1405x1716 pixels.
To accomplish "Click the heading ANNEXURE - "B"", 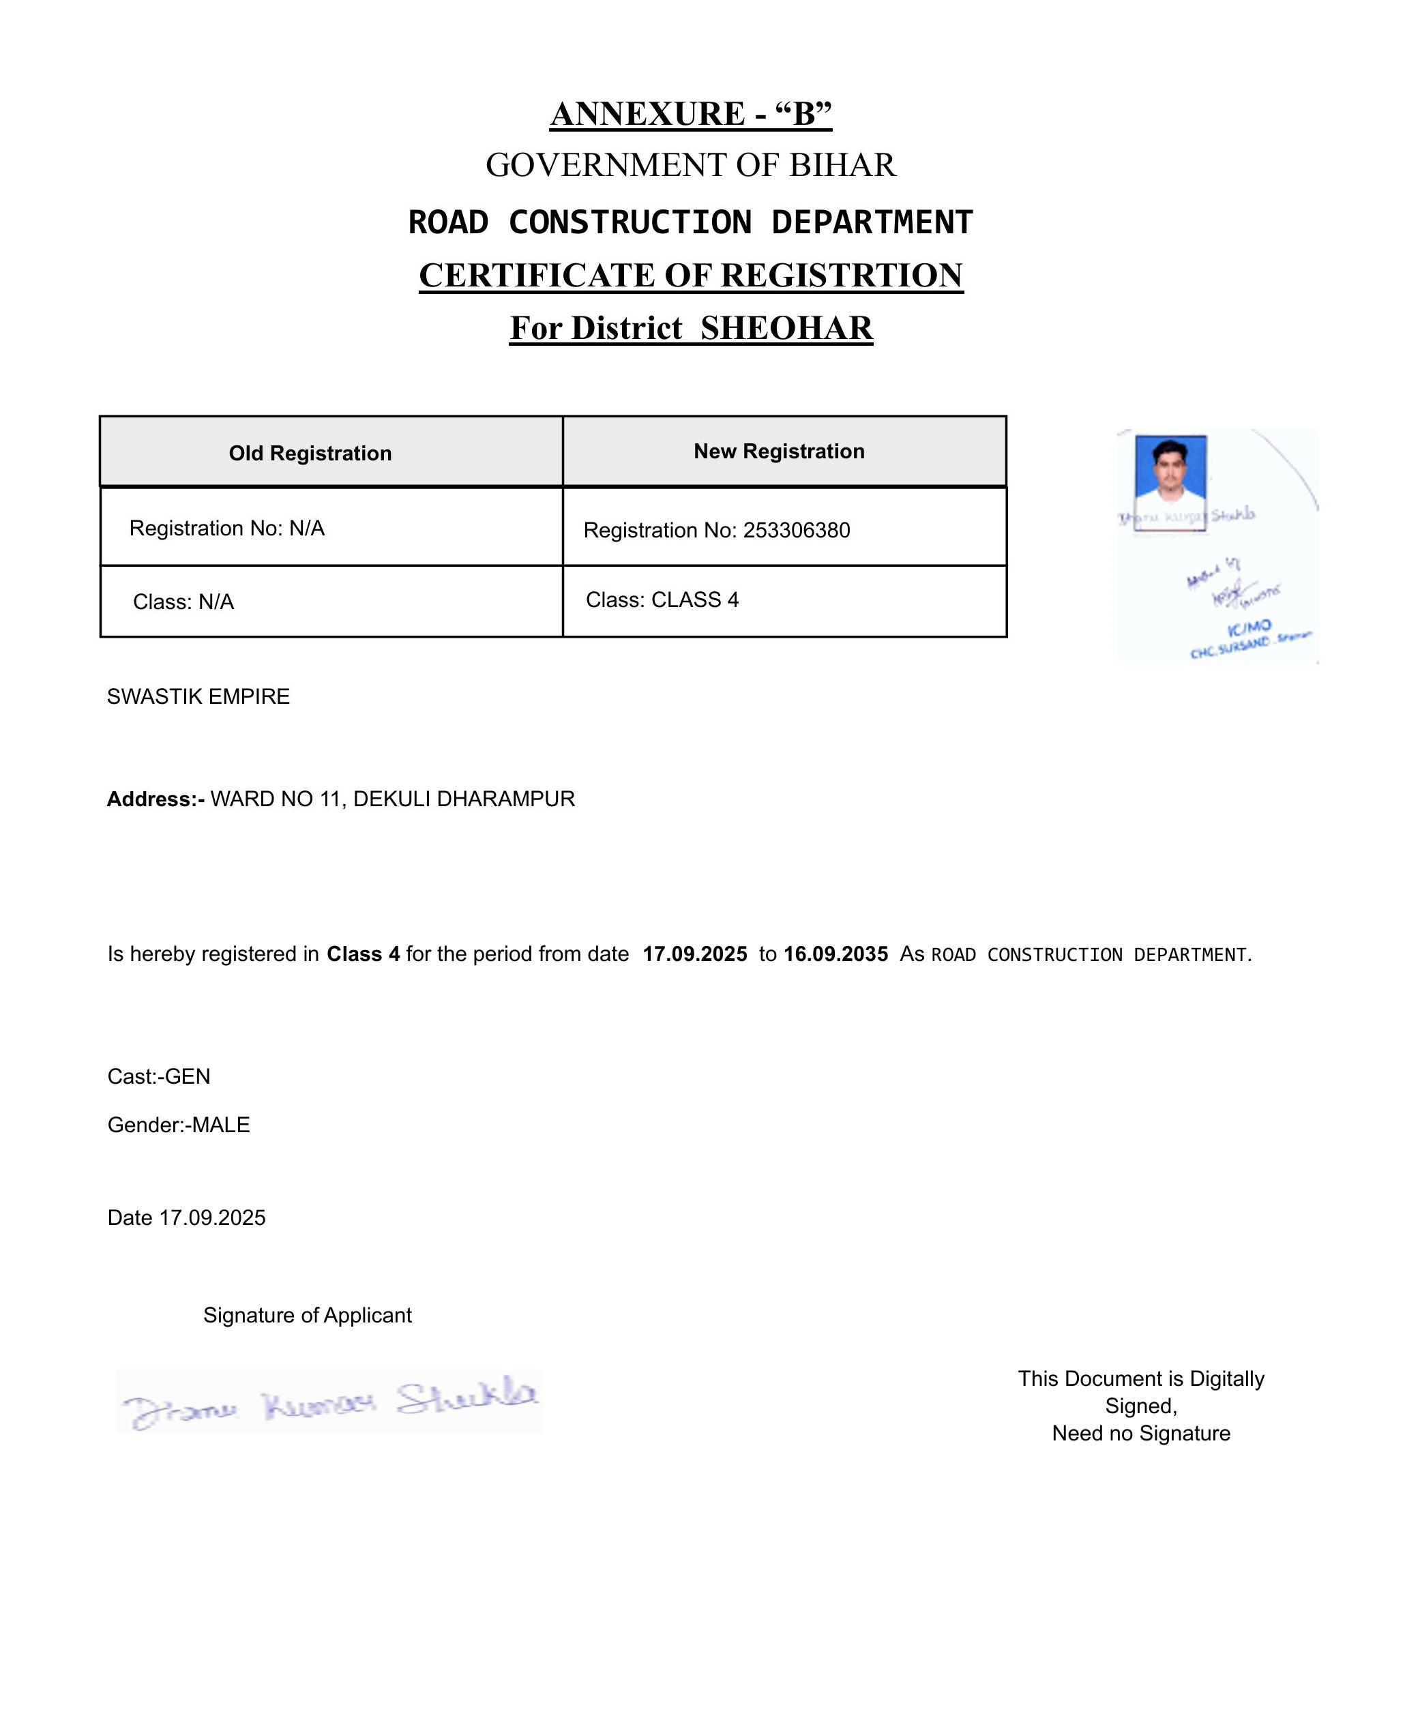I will click(690, 114).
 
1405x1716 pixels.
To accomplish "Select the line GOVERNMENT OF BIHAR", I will click(690, 165).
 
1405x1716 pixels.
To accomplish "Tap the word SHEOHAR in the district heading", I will click(786, 328).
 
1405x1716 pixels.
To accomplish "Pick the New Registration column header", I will click(779, 452).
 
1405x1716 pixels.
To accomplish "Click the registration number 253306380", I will click(797, 530).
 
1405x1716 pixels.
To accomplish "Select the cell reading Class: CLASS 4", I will click(662, 600).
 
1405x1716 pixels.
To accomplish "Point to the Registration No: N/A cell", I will click(226, 529).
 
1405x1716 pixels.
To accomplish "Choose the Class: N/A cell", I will click(183, 602).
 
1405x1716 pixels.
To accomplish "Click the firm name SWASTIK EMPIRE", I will click(198, 697).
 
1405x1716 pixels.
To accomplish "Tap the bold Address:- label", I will click(156, 800).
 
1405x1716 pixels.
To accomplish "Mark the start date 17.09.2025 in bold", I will click(694, 954).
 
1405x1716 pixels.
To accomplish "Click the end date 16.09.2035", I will click(835, 954).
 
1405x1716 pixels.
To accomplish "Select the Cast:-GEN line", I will click(159, 1076).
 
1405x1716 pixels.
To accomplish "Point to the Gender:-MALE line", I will click(179, 1125).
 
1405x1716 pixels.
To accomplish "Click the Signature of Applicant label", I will click(308, 1316).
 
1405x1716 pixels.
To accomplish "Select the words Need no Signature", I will click(1140, 1434).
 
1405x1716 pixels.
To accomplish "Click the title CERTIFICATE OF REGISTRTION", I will click(690, 276).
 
